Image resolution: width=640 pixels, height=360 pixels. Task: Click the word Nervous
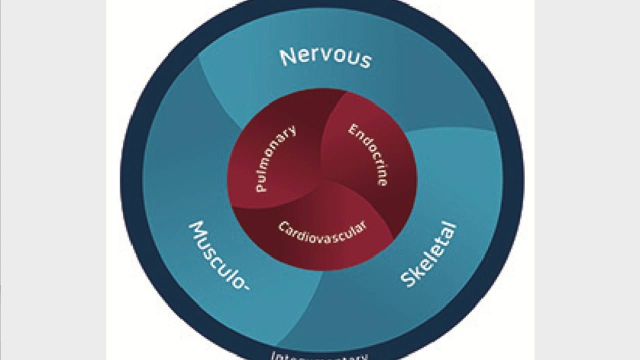[325, 56]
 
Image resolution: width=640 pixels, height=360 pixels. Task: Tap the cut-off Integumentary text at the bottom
[319, 355]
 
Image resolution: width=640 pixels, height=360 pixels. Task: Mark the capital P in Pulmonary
[261, 187]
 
